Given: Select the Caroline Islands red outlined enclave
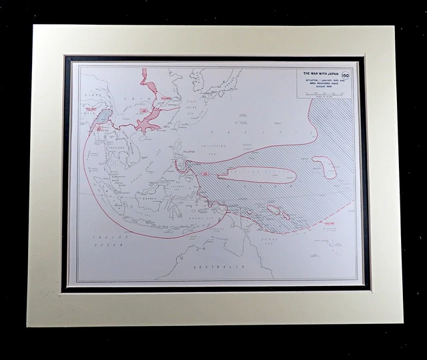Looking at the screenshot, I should (257, 175).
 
